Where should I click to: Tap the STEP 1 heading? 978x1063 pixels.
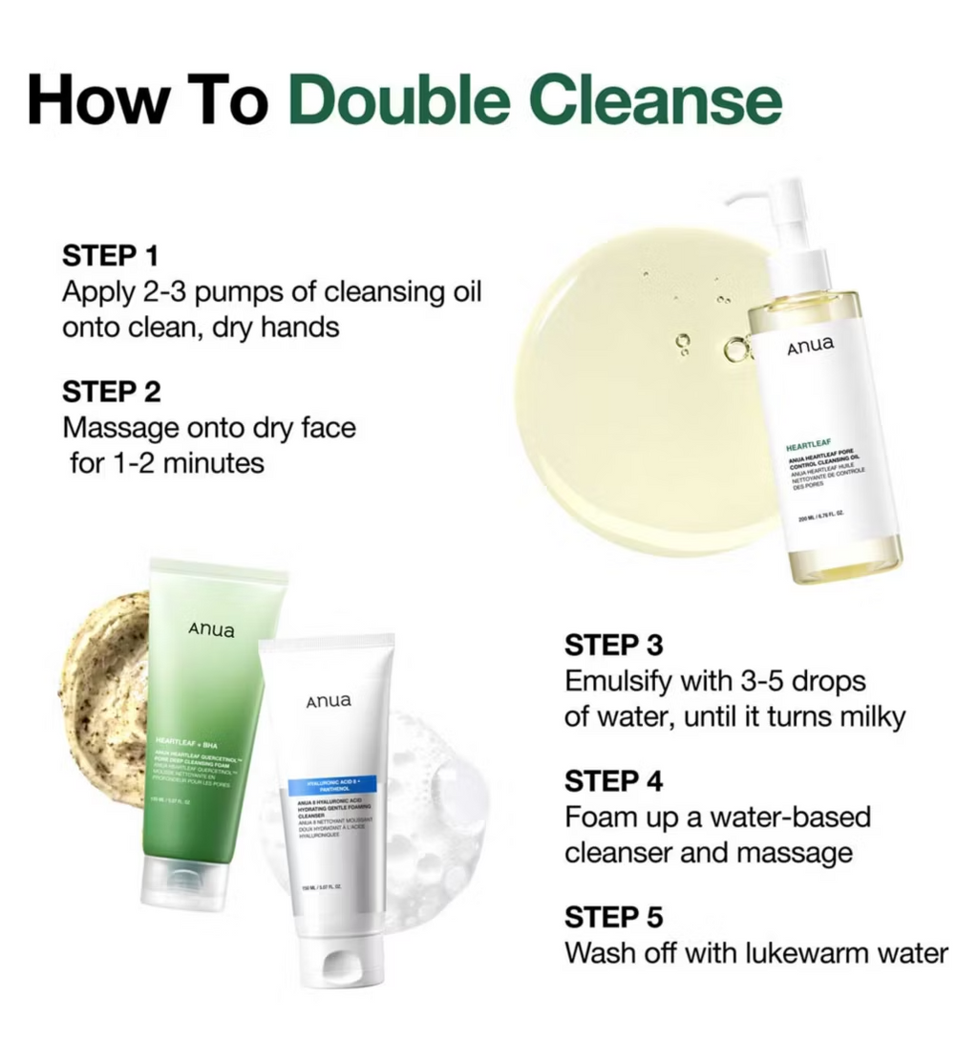[x=111, y=255]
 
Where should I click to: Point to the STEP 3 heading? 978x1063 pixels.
[x=613, y=645]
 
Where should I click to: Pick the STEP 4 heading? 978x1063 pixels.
[x=614, y=781]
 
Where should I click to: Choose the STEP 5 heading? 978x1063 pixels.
[x=613, y=918]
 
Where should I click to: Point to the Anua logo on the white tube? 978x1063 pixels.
[x=328, y=701]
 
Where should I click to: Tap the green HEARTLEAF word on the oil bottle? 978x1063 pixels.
[x=807, y=445]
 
